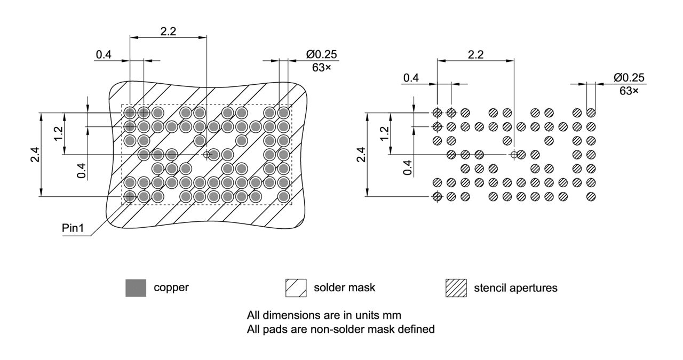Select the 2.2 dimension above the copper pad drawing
(168, 31)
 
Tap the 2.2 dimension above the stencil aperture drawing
(475, 54)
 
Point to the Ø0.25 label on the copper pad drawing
(321, 54)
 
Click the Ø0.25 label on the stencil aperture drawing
(629, 78)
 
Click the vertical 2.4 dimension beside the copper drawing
(34, 155)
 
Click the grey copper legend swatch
(136, 288)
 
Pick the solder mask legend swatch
(296, 288)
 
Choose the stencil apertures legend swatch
(456, 288)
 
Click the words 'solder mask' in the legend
(344, 287)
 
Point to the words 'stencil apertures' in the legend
(515, 288)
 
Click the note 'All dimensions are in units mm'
(324, 315)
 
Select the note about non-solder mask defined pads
(340, 330)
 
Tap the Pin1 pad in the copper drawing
(130, 196)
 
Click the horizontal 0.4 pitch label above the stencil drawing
(411, 78)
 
